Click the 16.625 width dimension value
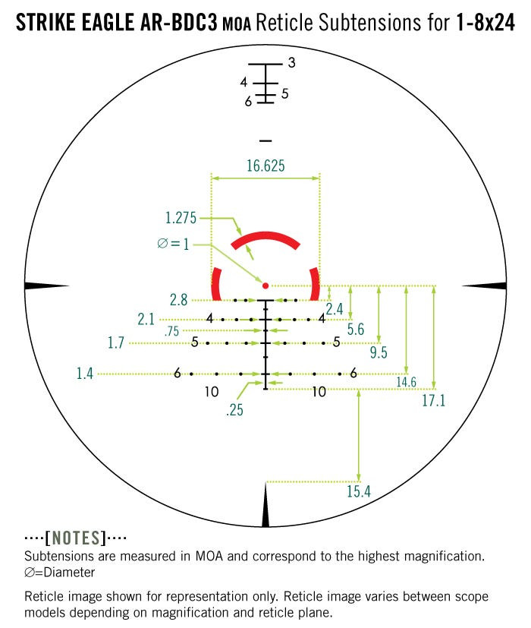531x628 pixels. point(265,166)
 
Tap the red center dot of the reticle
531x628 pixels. point(265,286)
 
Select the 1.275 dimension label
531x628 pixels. point(181,219)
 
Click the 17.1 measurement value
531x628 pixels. point(433,401)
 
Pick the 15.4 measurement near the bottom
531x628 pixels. point(358,491)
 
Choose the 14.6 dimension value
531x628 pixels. point(406,382)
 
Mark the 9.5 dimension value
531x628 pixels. point(379,352)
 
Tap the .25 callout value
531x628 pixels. point(234,411)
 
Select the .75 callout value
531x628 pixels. point(171,331)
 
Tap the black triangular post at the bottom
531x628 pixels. point(265,507)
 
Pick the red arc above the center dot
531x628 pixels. point(265,241)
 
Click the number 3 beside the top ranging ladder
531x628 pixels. point(291,63)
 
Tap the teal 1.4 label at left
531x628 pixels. point(86,373)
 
